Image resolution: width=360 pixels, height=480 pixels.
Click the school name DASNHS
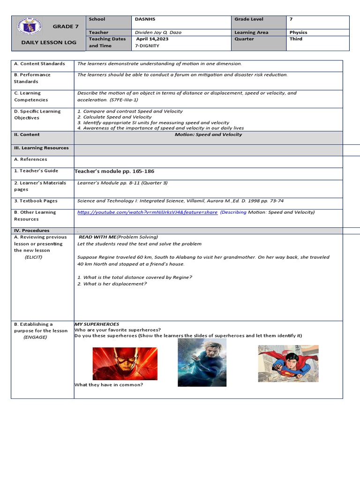tap(145, 19)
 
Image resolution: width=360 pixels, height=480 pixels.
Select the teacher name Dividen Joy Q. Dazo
tap(158, 32)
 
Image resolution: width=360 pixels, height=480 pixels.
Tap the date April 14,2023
tap(152, 39)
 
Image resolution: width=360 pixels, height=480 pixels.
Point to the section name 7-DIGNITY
tap(147, 45)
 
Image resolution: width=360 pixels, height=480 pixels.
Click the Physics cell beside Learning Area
tap(298, 32)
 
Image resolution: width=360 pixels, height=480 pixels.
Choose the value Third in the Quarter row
tap(296, 39)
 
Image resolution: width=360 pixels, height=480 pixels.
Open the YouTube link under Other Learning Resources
tap(147, 212)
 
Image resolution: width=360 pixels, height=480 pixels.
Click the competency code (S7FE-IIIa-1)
tap(124, 100)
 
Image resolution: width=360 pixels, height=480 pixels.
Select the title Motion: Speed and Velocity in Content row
tap(208, 135)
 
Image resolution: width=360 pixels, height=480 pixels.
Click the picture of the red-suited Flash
tap(124, 364)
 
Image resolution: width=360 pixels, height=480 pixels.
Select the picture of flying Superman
tap(288, 363)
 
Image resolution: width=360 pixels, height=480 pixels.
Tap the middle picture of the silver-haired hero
tap(202, 362)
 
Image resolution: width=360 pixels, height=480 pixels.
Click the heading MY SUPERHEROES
tap(97, 324)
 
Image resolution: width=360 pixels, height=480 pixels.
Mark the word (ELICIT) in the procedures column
tap(33, 257)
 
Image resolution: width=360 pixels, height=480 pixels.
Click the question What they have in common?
tap(109, 385)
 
